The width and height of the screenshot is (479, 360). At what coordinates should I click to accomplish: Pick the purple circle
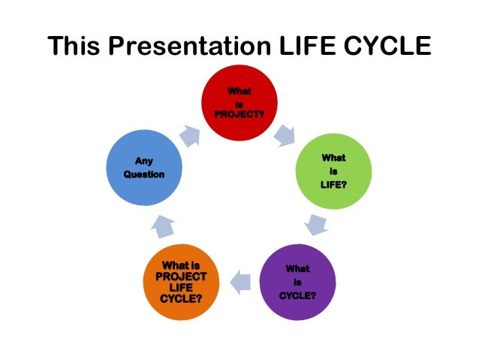pyautogui.click(x=297, y=282)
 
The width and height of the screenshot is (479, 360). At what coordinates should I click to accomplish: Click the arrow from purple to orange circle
pyautogui.click(x=239, y=283)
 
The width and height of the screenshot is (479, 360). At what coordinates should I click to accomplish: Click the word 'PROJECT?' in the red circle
pyautogui.click(x=239, y=113)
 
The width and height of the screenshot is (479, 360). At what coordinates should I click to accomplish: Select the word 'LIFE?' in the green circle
pyautogui.click(x=333, y=184)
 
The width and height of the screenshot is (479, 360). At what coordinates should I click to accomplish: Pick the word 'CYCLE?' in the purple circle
pyautogui.click(x=297, y=295)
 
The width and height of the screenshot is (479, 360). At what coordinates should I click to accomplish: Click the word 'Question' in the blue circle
pyautogui.click(x=144, y=174)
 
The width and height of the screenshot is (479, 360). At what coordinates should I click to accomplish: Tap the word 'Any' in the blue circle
pyautogui.click(x=144, y=161)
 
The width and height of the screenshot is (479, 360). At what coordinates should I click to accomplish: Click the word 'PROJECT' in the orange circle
pyautogui.click(x=181, y=277)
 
